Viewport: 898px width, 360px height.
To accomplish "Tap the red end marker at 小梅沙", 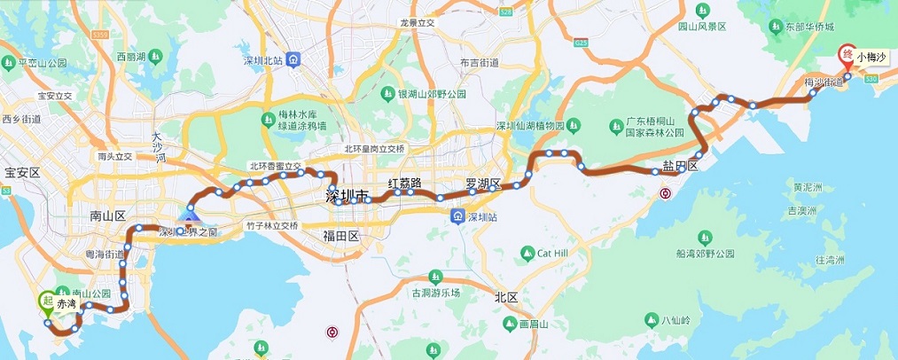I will pos(846,54).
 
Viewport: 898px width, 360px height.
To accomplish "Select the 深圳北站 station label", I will pos(262,60).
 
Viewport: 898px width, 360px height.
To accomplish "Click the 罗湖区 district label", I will pos(484,184).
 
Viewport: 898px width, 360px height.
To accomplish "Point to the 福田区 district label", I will pos(340,236).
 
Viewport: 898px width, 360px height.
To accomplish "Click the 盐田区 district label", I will pos(681,166).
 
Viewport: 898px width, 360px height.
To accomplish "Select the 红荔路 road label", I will pos(404,183).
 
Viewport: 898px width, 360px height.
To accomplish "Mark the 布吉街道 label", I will pos(480,63).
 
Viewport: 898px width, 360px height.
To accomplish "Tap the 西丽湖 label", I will pos(137,56).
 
